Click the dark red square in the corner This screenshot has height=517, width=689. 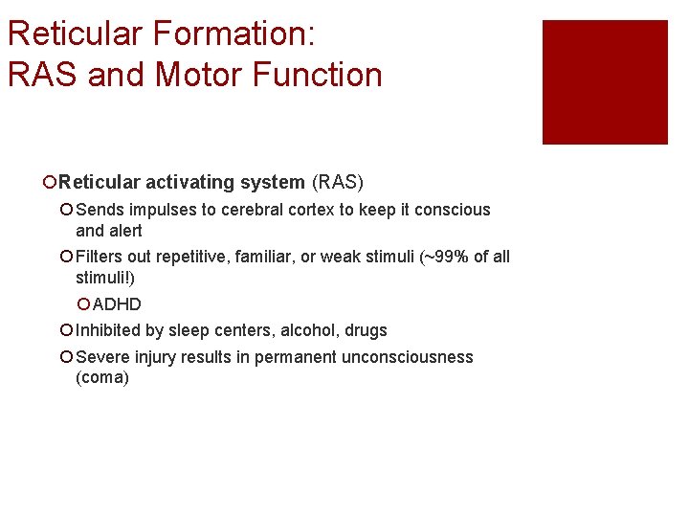(x=605, y=82)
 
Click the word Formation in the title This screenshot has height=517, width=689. (x=229, y=34)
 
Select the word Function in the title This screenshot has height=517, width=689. (x=320, y=75)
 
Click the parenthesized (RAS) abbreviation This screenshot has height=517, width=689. (x=338, y=182)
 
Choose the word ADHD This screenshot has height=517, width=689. (x=117, y=304)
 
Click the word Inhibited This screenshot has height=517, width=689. (x=108, y=330)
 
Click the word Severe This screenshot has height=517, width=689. (x=101, y=357)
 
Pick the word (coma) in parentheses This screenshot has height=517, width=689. (x=101, y=378)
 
